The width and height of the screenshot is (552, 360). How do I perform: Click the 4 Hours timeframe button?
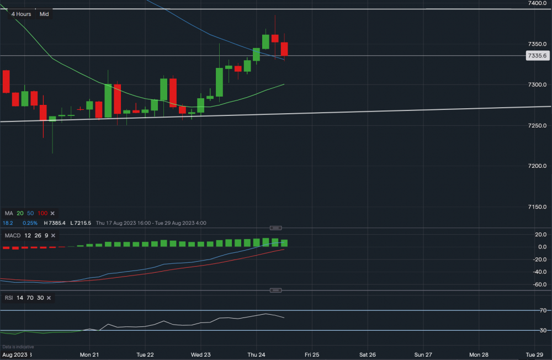(x=22, y=14)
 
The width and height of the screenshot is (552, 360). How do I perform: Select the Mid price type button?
(x=45, y=14)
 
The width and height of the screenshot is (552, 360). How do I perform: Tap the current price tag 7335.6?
(x=537, y=56)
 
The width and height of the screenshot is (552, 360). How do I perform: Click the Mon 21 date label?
(x=89, y=354)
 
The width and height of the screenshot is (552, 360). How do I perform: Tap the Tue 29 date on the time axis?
(x=535, y=354)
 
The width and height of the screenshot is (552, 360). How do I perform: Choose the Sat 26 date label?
(x=368, y=354)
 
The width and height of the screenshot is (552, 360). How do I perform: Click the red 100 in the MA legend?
(x=43, y=213)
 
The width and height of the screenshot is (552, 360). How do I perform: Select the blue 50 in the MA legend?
(x=31, y=213)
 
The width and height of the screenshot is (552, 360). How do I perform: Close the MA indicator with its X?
(x=53, y=213)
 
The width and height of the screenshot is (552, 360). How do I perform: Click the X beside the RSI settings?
(x=49, y=298)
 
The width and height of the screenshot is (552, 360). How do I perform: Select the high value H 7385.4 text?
(x=57, y=223)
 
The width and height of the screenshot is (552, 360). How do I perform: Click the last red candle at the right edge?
(x=284, y=49)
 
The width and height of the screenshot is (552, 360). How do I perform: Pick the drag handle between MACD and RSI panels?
(x=276, y=290)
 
